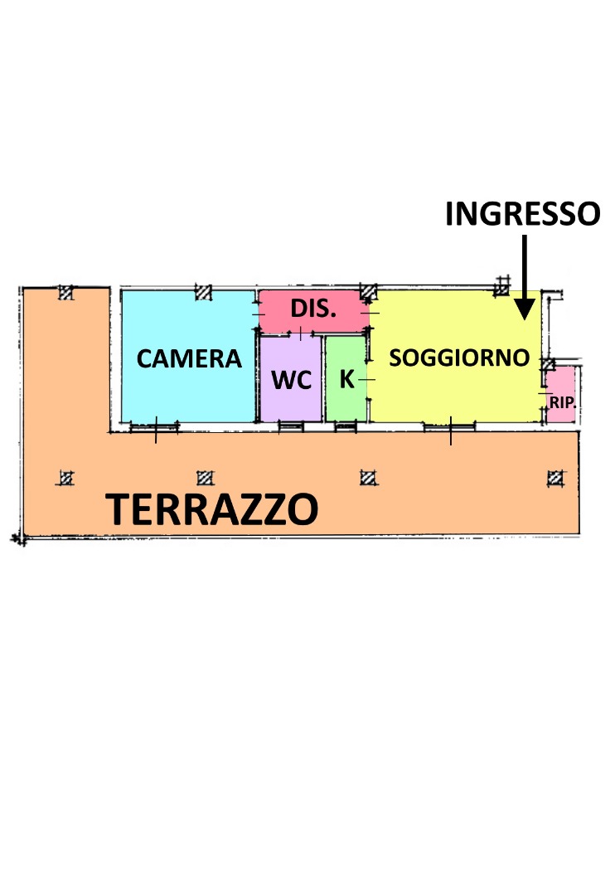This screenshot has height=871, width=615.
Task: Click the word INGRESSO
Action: coord(523,214)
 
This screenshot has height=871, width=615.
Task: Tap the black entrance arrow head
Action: coord(525,309)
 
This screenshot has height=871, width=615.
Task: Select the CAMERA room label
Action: coord(189,359)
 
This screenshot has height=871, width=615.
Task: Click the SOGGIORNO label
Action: coord(459,358)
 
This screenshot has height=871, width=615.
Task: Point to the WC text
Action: coord(292,380)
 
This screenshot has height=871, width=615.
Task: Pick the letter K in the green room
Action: coord(347,379)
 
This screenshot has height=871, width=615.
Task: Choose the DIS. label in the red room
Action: coord(313,309)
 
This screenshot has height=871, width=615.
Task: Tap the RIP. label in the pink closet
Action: coord(562,402)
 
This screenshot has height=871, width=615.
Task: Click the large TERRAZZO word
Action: coord(212,509)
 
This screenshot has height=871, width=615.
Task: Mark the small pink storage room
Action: coord(560,394)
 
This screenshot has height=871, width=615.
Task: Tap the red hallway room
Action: coord(314,311)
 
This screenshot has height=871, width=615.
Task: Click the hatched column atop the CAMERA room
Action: coord(204,292)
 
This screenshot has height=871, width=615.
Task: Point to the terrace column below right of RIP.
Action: coord(555,478)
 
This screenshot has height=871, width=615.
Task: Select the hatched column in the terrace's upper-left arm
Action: coord(66,292)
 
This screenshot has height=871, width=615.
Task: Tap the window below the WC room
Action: coord(291,426)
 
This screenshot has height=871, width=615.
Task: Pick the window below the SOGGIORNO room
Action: coord(450,426)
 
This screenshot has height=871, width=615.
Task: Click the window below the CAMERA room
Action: coord(155,426)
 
